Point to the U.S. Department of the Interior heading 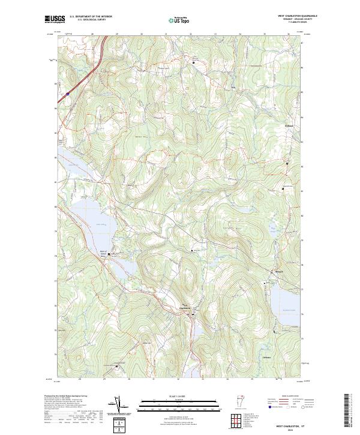click(x=91, y=17)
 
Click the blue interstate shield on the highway click(x=67, y=93)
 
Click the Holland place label click(x=287, y=125)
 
